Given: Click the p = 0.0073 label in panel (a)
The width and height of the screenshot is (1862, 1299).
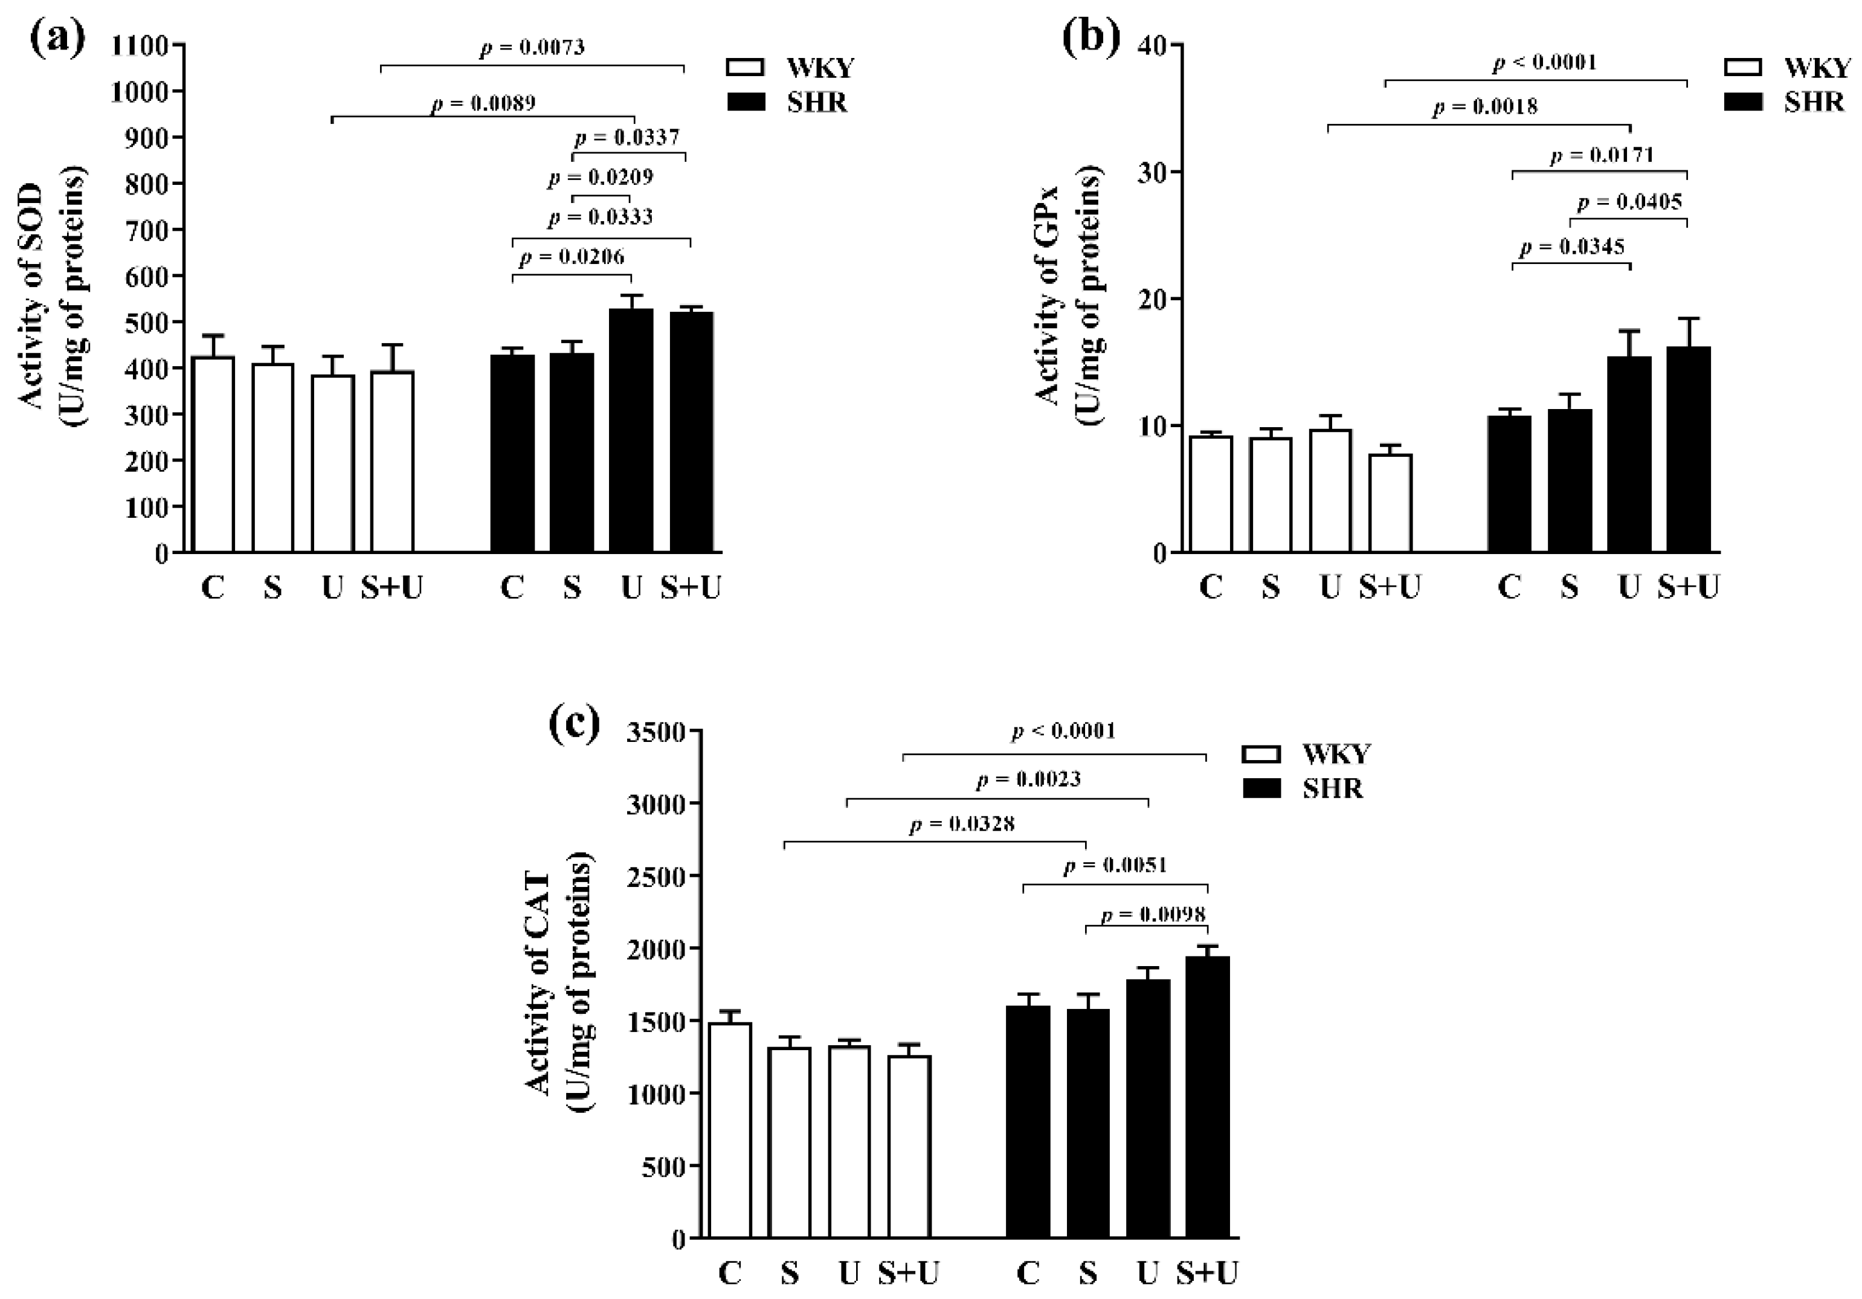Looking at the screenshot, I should click(532, 48).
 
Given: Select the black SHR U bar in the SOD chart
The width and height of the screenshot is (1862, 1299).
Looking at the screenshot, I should click(631, 430).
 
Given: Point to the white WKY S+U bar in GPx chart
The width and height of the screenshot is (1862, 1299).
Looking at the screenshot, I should click(1390, 503).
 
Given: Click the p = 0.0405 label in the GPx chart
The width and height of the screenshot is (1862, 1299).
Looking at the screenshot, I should click(1630, 202).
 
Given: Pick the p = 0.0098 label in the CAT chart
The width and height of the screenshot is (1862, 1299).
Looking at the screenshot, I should click(1153, 915).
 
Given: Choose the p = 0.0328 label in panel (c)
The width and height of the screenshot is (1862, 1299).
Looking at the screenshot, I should click(962, 825).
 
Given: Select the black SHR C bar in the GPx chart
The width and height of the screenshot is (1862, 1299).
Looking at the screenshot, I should click(1509, 484).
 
